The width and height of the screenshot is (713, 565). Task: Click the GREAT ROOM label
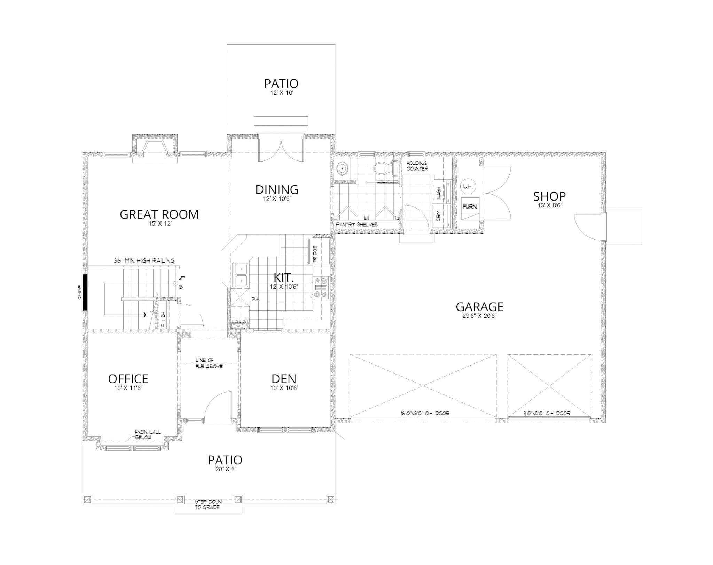[x=159, y=214]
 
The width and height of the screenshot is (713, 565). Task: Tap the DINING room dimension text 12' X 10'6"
[x=277, y=199]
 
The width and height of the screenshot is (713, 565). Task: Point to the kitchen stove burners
[x=320, y=288]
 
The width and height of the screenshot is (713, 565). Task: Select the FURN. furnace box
[x=470, y=206]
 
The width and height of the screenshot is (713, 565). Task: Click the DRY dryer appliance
[x=439, y=216]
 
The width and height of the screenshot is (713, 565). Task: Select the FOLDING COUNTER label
[x=417, y=166]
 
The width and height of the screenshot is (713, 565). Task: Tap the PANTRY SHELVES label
[x=356, y=225]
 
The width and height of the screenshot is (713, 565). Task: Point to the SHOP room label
[x=549, y=196]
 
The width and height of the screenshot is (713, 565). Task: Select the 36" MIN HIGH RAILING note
[x=144, y=261]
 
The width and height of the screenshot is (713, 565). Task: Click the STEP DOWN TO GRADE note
[x=208, y=504]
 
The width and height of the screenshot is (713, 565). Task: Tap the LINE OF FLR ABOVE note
[x=209, y=363]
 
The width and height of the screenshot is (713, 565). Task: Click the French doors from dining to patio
[x=281, y=150]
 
